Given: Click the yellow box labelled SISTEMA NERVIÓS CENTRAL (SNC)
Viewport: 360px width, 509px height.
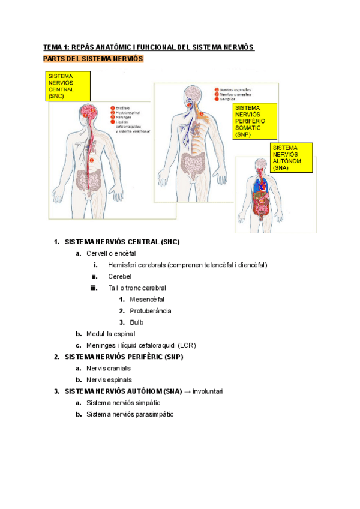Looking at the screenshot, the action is pyautogui.click(x=68, y=86).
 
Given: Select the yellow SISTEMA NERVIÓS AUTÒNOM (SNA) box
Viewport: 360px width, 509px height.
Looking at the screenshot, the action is pyautogui.click(x=291, y=158).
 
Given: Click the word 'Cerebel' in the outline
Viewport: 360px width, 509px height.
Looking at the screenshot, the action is pyautogui.click(x=119, y=276).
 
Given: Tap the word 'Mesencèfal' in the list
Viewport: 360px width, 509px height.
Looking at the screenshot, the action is pyautogui.click(x=146, y=299).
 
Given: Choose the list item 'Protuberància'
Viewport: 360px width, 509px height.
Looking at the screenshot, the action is pyautogui.click(x=150, y=310).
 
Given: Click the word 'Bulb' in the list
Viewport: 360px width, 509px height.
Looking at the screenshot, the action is pyautogui.click(x=137, y=322).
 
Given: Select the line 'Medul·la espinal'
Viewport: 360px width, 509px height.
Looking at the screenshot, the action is pyautogui.click(x=110, y=333).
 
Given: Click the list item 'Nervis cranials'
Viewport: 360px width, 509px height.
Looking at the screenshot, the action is pyautogui.click(x=108, y=368).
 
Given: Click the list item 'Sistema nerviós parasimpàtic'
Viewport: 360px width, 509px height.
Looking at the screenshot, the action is pyautogui.click(x=130, y=414).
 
